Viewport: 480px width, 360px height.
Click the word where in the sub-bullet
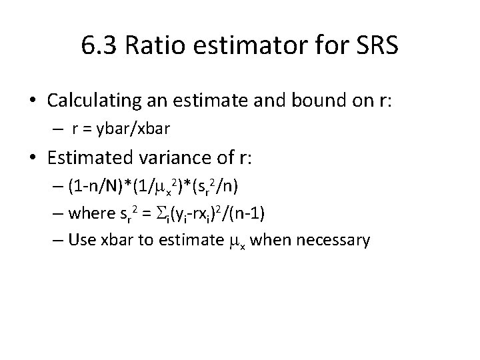click(x=90, y=215)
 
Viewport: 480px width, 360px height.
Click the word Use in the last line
click(x=79, y=240)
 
